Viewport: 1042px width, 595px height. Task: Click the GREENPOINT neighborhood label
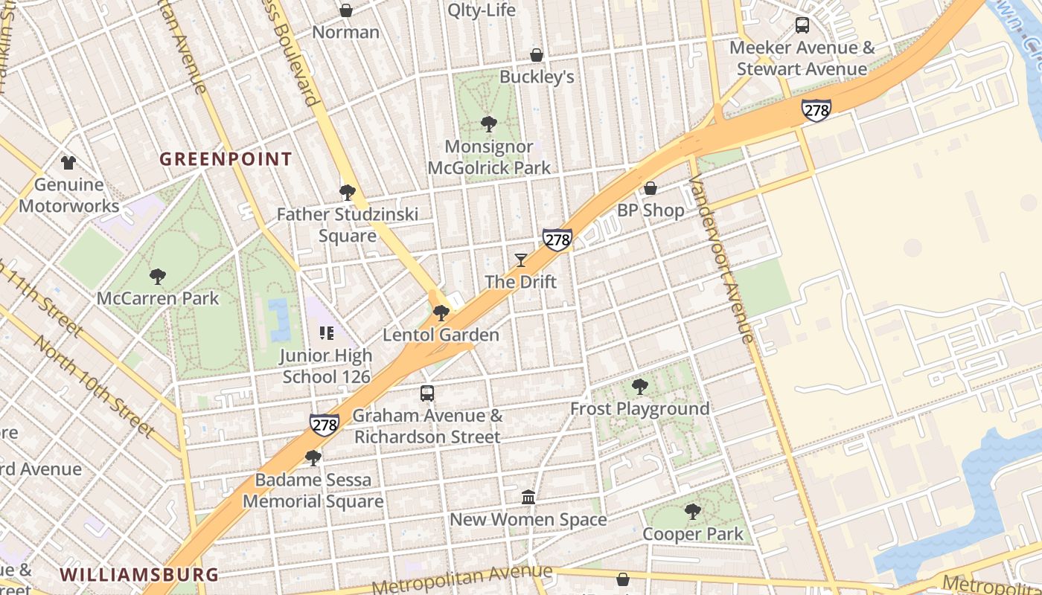(226, 159)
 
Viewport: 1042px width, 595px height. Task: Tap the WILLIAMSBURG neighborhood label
(139, 575)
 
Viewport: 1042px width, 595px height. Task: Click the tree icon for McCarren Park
(157, 277)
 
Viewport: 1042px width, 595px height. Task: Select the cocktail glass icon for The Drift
(520, 260)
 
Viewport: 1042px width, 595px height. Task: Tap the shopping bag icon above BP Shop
(651, 188)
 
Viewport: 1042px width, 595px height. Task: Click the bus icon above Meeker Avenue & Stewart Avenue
(802, 25)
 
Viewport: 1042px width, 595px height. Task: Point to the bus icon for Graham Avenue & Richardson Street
(427, 393)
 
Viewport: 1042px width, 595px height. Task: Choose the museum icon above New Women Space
(528, 497)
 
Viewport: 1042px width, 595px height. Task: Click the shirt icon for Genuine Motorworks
(68, 162)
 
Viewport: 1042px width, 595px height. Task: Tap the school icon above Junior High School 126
(326, 333)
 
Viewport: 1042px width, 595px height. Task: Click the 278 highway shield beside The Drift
(557, 239)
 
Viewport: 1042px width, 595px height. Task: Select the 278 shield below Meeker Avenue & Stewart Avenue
(816, 110)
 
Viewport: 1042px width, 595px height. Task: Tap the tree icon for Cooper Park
(692, 512)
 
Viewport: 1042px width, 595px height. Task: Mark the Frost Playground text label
(639, 409)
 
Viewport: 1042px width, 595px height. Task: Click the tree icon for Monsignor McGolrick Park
(489, 124)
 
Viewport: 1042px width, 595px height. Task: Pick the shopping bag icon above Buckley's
(536, 55)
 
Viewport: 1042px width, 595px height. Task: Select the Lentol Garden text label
(441, 335)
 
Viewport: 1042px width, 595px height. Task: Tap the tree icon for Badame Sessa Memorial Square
(313, 457)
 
